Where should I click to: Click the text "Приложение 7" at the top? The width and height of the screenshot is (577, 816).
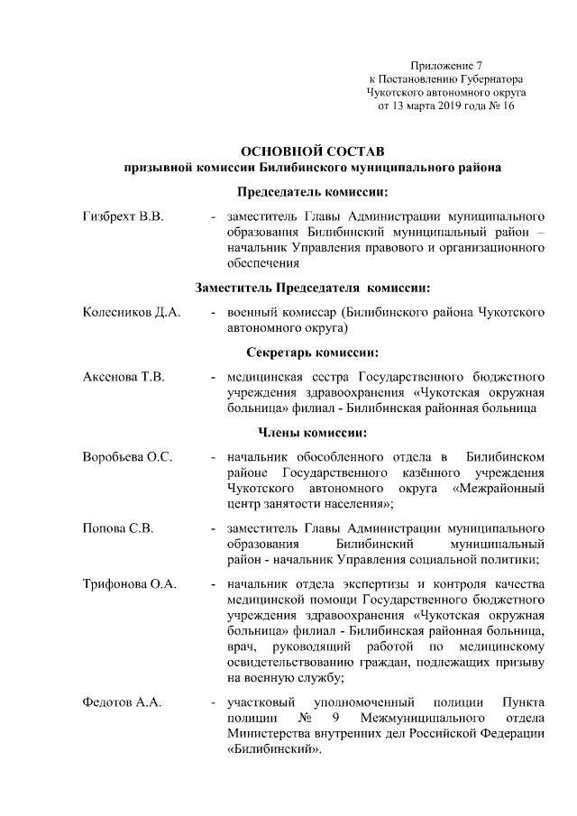[x=446, y=66]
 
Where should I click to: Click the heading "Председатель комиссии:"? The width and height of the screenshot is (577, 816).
[x=313, y=192]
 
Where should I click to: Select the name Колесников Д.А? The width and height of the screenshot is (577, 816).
[x=132, y=313]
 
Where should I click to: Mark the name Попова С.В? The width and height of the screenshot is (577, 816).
[x=111, y=528]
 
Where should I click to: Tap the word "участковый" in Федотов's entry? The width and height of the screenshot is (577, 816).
[x=263, y=702]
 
